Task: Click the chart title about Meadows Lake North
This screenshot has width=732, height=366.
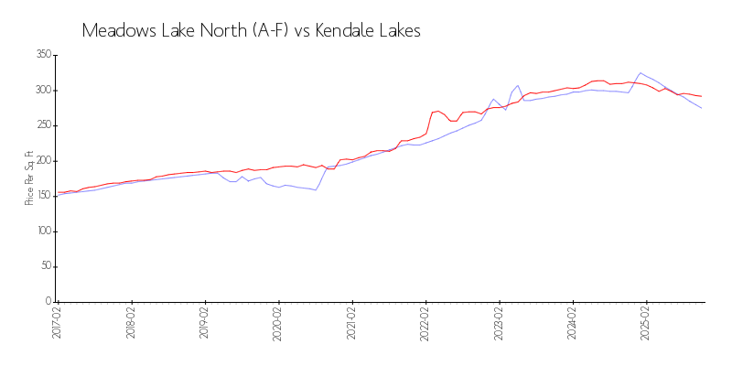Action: [251, 30]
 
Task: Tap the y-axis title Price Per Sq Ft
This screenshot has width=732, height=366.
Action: [29, 178]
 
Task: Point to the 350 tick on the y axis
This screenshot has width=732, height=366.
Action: [42, 55]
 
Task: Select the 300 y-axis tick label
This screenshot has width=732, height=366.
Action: [42, 91]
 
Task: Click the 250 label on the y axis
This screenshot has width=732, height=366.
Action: [42, 125]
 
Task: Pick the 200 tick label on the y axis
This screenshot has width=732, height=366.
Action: [42, 161]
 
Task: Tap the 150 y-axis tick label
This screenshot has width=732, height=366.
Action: [42, 196]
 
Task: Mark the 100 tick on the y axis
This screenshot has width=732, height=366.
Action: [42, 231]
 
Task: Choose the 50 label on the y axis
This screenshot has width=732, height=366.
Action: [45, 266]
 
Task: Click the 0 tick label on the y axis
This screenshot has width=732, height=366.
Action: [48, 302]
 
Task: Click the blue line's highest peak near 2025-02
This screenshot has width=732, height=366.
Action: [640, 72]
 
